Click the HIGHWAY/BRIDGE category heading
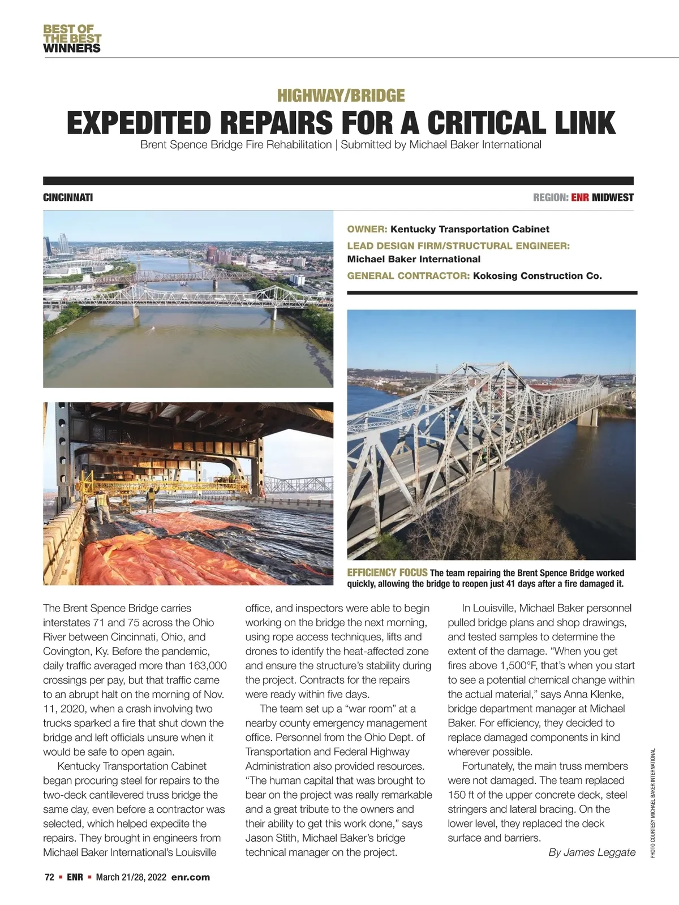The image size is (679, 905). point(341,95)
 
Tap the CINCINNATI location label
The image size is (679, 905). point(68,197)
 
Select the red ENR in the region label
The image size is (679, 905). point(581,197)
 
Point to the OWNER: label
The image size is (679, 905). point(367,229)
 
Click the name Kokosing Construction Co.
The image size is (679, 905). point(537,276)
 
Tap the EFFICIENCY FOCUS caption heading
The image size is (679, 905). point(387,572)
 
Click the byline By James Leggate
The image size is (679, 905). point(592,852)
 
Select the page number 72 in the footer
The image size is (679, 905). point(49,877)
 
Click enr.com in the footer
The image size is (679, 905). point(190,877)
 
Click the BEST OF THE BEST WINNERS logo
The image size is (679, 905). point(72,38)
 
